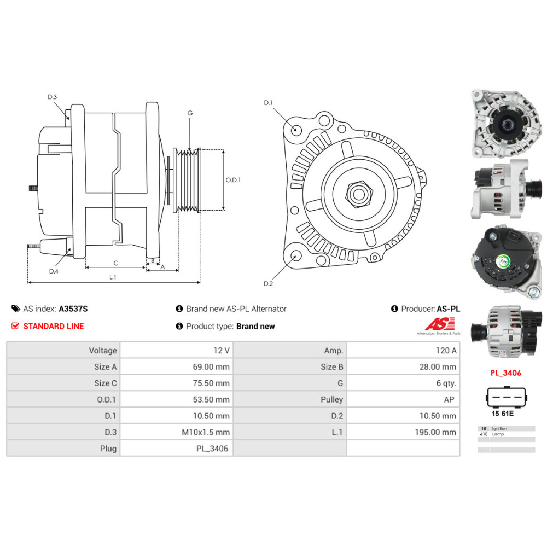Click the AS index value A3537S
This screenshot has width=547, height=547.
[73, 309]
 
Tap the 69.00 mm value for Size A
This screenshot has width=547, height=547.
[211, 366]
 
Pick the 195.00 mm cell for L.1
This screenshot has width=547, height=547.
[435, 432]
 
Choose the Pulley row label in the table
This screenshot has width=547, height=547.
[332, 399]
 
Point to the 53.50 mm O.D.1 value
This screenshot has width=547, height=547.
[211, 399]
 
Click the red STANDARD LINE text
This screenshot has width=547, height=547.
[54, 326]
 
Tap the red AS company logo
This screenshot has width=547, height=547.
[440, 324]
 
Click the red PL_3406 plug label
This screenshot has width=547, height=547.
[505, 373]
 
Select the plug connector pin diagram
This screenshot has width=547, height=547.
[506, 397]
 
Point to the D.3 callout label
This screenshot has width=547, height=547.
[53, 97]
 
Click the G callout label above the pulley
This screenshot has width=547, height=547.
[190, 113]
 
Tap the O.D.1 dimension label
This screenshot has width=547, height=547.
[233, 180]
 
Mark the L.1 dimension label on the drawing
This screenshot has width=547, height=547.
[113, 277]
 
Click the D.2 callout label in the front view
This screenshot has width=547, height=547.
[268, 283]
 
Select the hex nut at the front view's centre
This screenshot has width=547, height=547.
[359, 194]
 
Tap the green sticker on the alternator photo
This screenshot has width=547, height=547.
[503, 261]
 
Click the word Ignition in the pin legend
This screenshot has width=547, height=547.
[499, 428]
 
